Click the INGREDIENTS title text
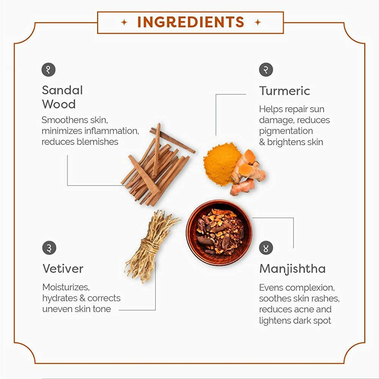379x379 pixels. point(191,22)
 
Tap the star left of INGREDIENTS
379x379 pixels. point(124,22)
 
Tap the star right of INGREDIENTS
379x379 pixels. point(258,22)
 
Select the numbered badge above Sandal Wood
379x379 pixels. point(49,70)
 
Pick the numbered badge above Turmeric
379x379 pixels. point(266,70)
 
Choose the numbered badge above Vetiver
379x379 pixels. point(49,248)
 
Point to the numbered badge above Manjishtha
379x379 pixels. point(266,248)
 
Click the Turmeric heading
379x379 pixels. point(285,91)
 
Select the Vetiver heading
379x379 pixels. point(63,269)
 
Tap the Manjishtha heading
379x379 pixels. point(293,269)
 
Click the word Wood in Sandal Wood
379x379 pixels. point(59,104)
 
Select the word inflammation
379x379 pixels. point(111,131)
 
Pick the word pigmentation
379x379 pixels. point(286,131)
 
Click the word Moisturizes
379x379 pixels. point(66,287)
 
